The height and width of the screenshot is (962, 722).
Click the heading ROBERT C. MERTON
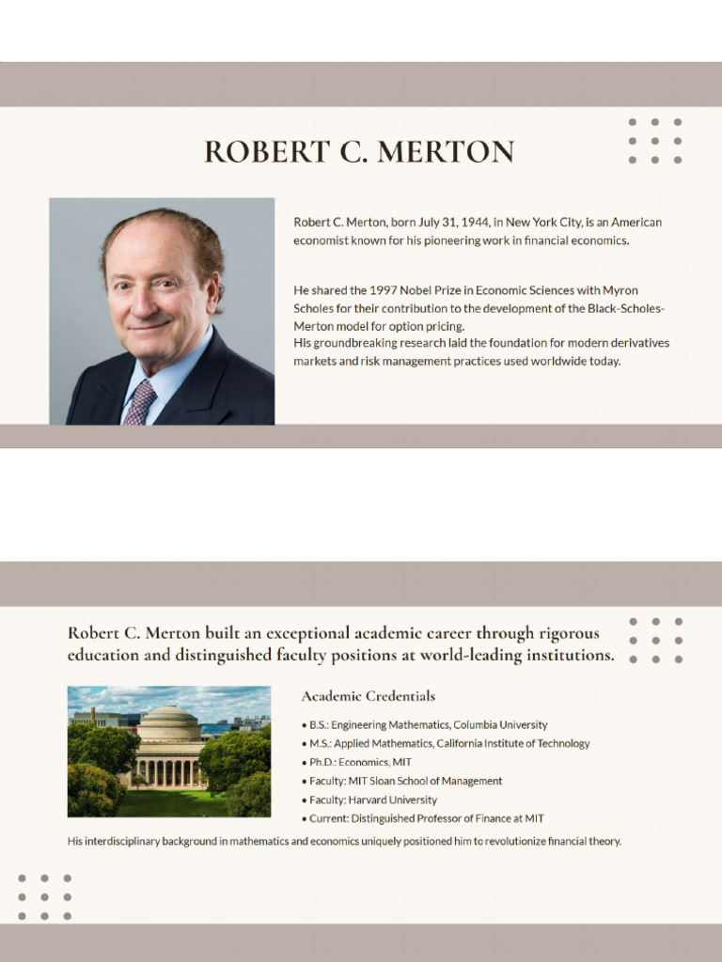point(359,152)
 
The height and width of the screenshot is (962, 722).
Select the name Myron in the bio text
point(620,290)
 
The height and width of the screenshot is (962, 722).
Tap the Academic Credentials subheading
point(368,696)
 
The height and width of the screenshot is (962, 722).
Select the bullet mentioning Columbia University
point(428,725)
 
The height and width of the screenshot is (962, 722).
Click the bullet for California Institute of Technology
point(449,743)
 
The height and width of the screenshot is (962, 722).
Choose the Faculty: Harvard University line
point(372,799)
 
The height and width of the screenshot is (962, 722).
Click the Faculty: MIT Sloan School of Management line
point(405,781)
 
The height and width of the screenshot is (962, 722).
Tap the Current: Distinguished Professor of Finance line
point(426,818)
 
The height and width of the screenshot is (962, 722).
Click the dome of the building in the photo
point(169,721)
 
